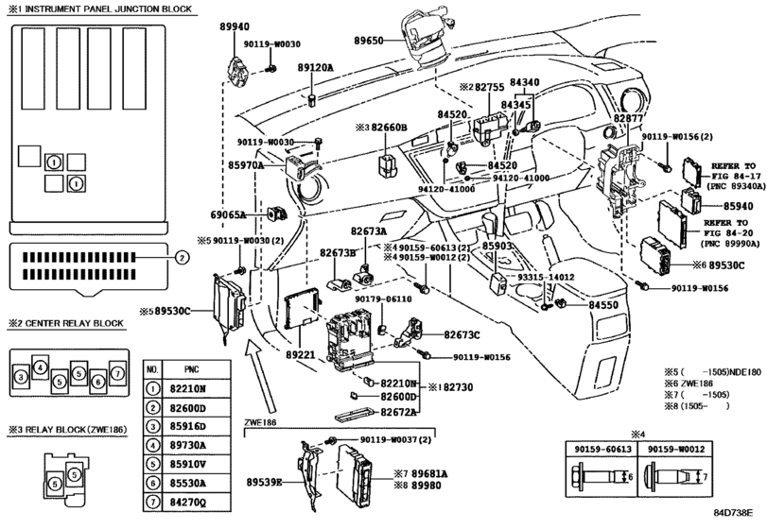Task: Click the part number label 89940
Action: click(x=235, y=27)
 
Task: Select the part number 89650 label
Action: click(x=368, y=41)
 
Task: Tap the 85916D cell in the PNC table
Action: click(x=188, y=426)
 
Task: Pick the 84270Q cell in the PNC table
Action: click(x=188, y=502)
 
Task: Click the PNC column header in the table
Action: click(x=192, y=369)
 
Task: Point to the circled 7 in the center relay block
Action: click(x=117, y=374)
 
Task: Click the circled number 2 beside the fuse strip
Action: click(x=182, y=258)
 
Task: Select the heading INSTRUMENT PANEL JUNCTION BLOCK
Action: click(x=109, y=9)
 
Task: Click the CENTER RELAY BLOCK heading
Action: click(x=74, y=323)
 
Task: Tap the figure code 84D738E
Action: click(x=733, y=512)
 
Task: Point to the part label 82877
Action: click(x=628, y=118)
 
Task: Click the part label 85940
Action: click(x=738, y=206)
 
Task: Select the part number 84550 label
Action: click(x=603, y=305)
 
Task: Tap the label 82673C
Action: click(x=462, y=335)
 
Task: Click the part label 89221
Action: click(x=301, y=355)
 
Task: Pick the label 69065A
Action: click(x=228, y=214)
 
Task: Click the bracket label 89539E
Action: click(x=264, y=483)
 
